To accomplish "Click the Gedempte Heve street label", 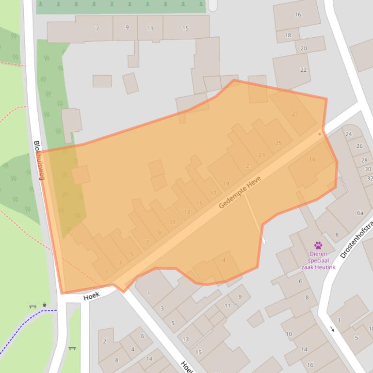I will [x=240, y=192].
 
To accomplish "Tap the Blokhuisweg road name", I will [x=39, y=160].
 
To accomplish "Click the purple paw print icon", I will [x=318, y=246].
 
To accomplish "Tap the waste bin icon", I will [x=45, y=305].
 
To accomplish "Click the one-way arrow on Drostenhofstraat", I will [x=332, y=329].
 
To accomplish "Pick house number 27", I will [x=295, y=114].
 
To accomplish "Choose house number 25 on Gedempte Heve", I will [x=278, y=143].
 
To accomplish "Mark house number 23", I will [x=262, y=155].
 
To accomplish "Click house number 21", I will [x=249, y=166].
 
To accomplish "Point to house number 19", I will [x=226, y=184].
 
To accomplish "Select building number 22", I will [x=304, y=70].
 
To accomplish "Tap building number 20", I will [x=304, y=48].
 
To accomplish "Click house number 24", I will [x=349, y=134].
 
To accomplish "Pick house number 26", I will [x=359, y=146].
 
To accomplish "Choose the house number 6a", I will [x=360, y=213].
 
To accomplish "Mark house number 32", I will [x=370, y=178].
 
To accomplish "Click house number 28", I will [x=364, y=160].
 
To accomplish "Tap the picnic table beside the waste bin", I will [x=32, y=306].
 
